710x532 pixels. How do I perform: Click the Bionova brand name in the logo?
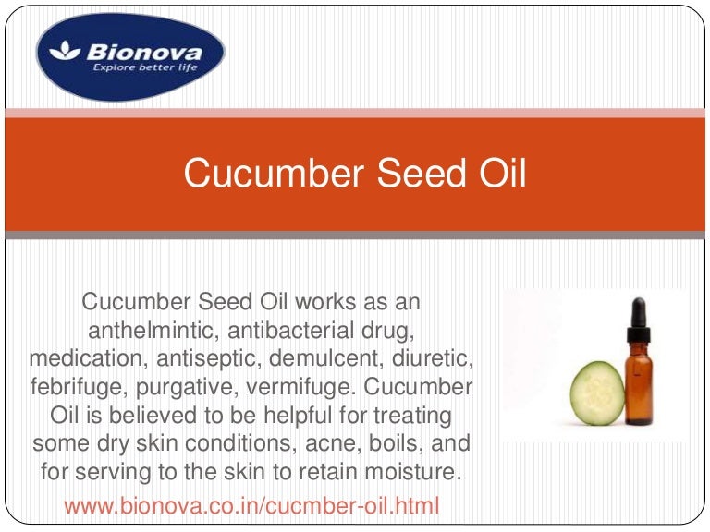pyautogui.click(x=143, y=51)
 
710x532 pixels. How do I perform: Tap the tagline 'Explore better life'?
pyautogui.click(x=142, y=67)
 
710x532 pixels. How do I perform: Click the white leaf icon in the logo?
pyautogui.click(x=67, y=53)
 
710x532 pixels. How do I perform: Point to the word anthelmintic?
pyautogui.click(x=153, y=330)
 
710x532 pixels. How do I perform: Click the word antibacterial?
pyautogui.click(x=301, y=330)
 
